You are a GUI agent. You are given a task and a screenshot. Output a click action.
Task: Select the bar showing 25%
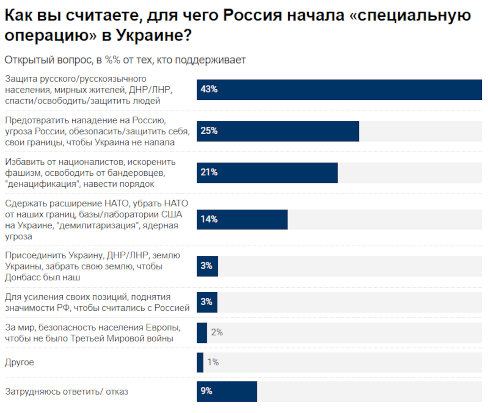coord(278,131)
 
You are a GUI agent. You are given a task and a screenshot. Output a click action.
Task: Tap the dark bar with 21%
coord(267,172)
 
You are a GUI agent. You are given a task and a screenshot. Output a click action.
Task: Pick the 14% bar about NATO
coord(242,219)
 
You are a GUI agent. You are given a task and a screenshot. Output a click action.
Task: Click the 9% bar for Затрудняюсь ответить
coord(227,391)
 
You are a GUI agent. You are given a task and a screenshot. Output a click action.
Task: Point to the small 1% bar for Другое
coord(200,362)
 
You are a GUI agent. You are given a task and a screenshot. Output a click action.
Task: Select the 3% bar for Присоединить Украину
coord(207,266)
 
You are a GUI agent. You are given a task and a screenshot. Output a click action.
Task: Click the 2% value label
coord(217,333)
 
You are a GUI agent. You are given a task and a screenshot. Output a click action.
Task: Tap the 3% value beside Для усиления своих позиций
coord(207,302)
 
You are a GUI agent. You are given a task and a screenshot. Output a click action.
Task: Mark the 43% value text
coord(209,90)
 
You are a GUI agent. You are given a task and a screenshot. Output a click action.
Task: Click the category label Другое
coord(19,362)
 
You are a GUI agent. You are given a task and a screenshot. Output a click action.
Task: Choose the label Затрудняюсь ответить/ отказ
coord(66,392)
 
